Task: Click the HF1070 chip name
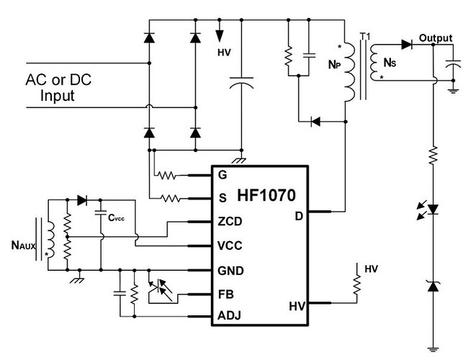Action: click(266, 196)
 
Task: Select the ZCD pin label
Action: click(230, 221)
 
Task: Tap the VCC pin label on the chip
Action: click(230, 246)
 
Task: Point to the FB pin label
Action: click(226, 294)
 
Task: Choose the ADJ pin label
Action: click(229, 315)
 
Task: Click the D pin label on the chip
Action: click(299, 217)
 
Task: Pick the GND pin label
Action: click(230, 271)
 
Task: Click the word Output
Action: click(436, 38)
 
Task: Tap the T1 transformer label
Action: click(365, 37)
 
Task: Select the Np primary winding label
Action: click(335, 64)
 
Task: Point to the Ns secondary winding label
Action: click(390, 63)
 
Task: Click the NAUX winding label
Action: click(23, 246)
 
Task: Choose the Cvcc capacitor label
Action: click(116, 217)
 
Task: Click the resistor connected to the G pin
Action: click(166, 176)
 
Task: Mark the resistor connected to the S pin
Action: click(171, 199)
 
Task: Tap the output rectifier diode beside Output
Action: click(406, 45)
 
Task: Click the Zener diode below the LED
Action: click(433, 287)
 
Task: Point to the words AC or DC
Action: click(58, 79)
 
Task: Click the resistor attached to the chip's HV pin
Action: click(357, 284)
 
